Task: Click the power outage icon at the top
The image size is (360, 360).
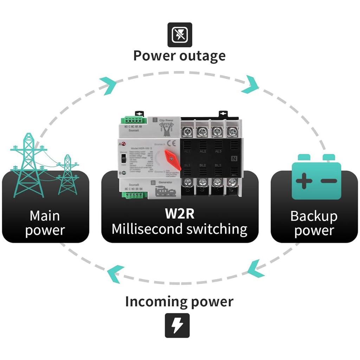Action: [180, 34]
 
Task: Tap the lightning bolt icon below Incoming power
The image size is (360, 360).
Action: [177, 326]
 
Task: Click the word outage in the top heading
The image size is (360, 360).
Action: [203, 56]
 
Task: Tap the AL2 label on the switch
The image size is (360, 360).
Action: [202, 151]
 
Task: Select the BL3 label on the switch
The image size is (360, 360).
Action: [218, 165]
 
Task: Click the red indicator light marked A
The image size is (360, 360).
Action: [124, 144]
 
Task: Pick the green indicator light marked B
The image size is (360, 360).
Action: [124, 173]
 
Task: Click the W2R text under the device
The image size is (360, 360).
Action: [179, 213]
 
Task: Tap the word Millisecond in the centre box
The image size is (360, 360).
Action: [147, 229]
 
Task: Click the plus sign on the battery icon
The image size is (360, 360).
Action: [303, 181]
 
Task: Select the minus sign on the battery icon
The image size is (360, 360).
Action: [329, 181]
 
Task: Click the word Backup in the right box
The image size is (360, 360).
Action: [314, 216]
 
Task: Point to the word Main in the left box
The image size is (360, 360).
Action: [45, 216]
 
